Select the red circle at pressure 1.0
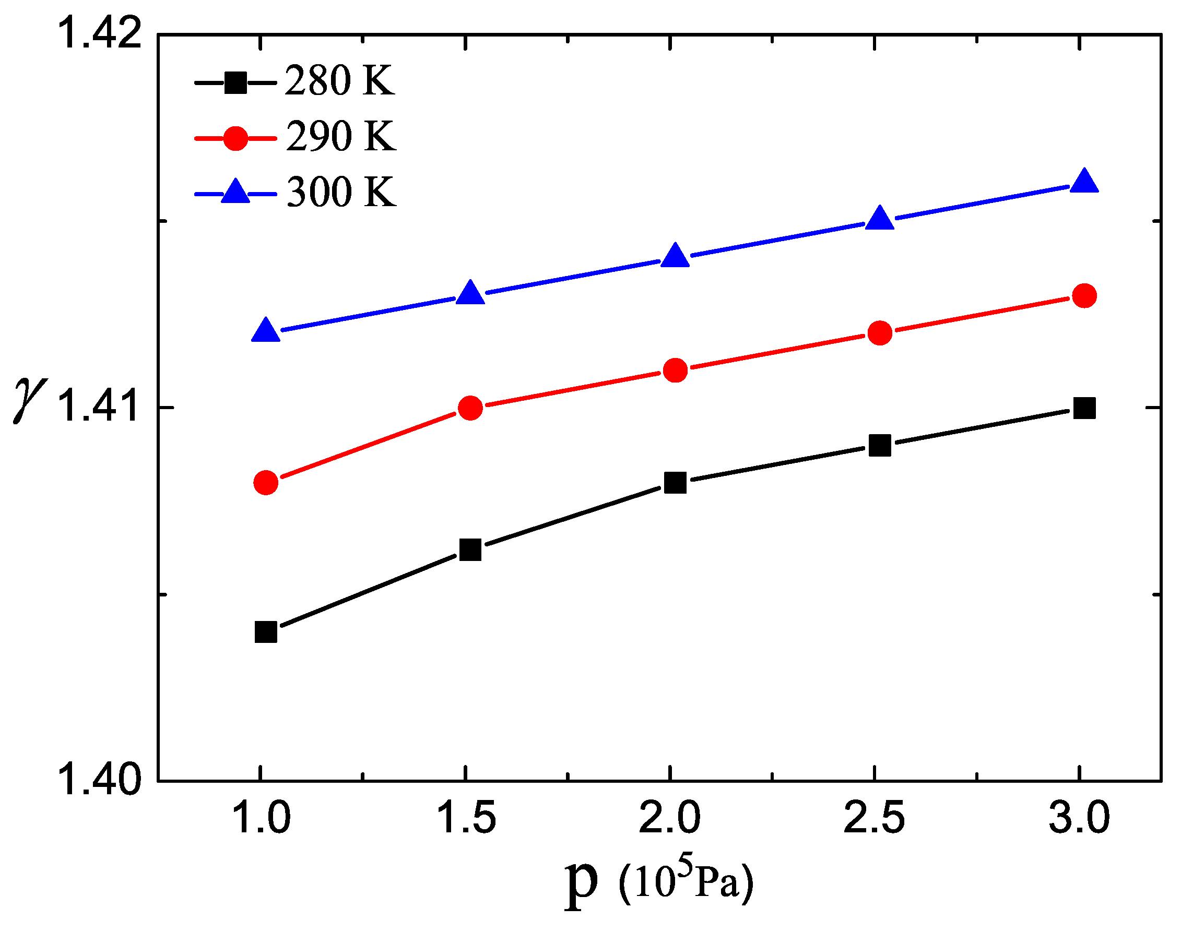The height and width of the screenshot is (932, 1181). [266, 482]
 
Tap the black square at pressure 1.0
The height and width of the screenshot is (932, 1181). [266, 632]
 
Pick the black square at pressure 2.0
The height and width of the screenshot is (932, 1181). [676, 482]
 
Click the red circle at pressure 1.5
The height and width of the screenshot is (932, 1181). [470, 408]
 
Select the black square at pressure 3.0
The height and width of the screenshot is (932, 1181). [1084, 408]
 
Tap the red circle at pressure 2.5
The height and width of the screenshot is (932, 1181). [880, 333]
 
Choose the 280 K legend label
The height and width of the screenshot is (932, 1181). [339, 81]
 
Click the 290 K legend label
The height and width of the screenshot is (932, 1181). [341, 136]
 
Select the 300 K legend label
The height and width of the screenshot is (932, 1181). [341, 192]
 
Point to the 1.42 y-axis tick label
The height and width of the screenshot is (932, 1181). [98, 33]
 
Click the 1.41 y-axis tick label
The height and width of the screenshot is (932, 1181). [98, 406]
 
